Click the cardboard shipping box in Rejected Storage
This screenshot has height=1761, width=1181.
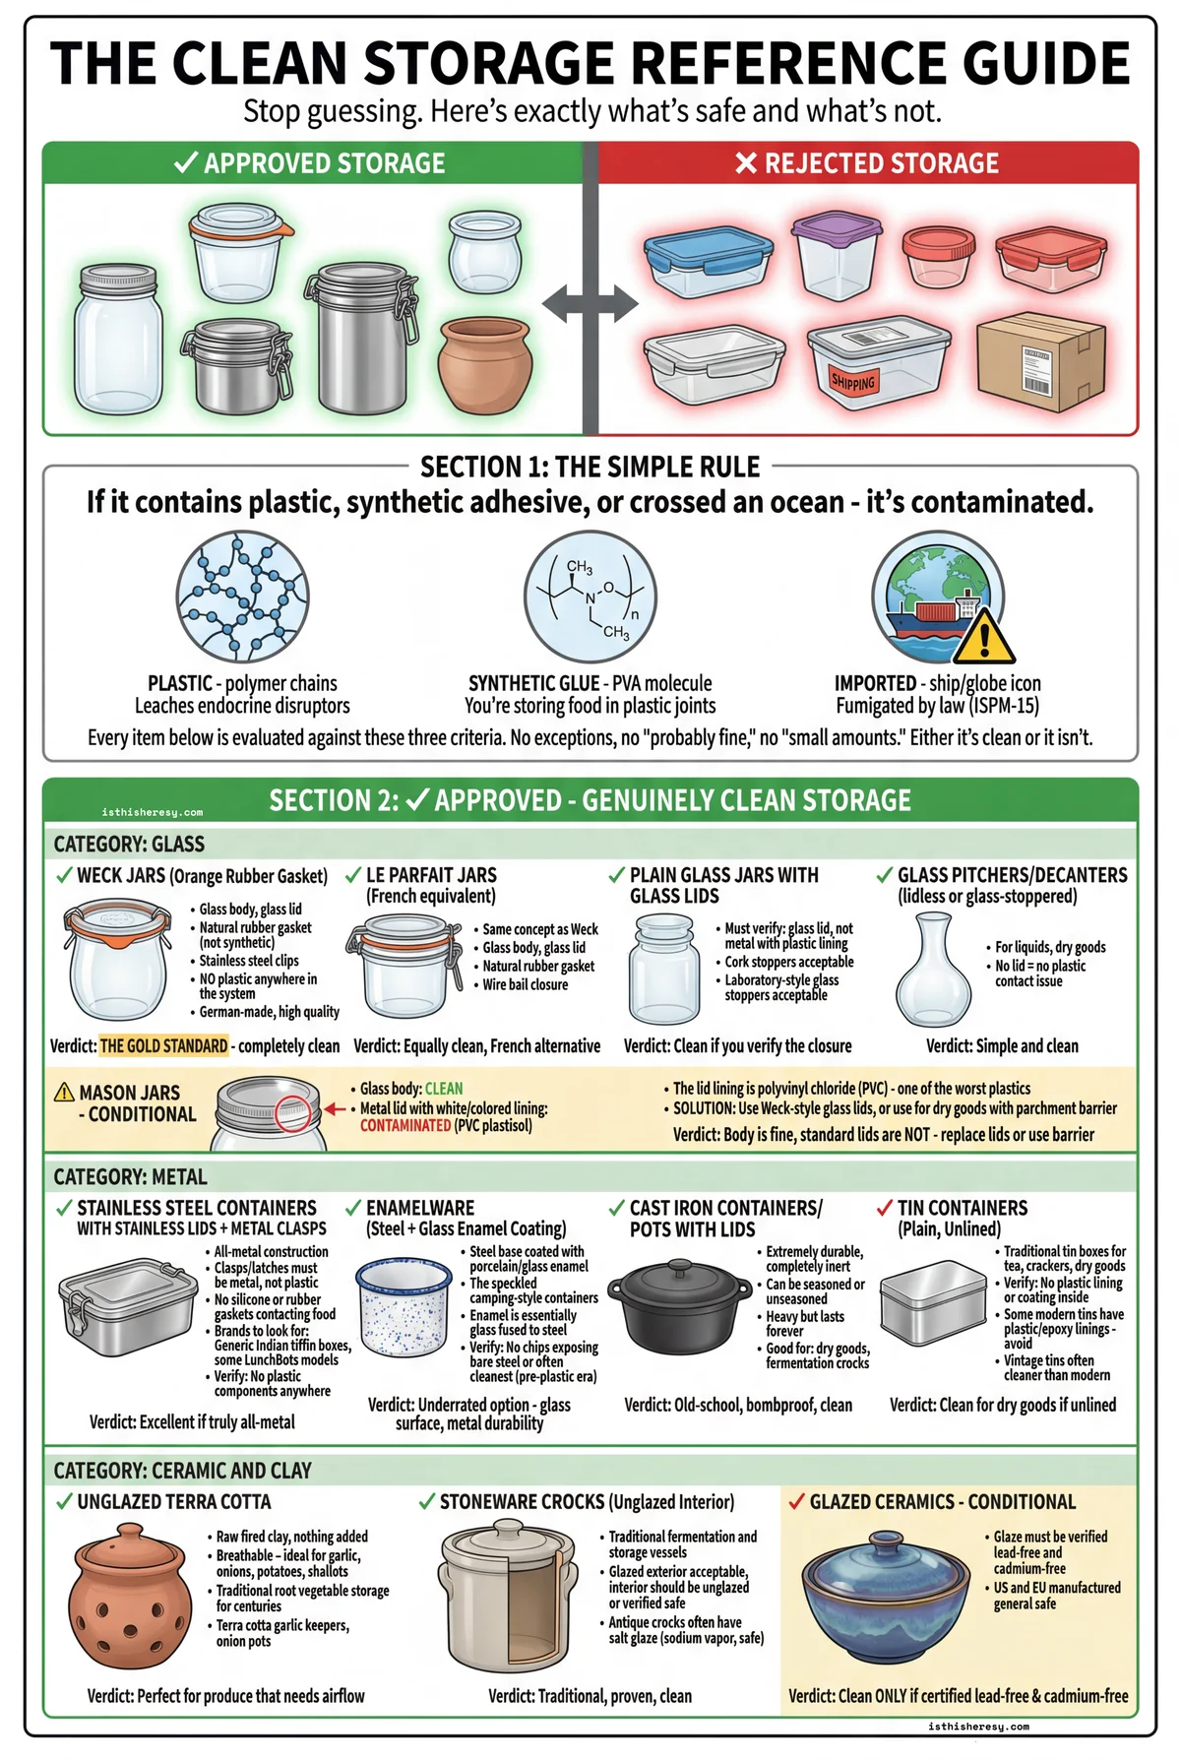[1040, 361]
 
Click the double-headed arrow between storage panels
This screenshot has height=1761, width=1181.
[590, 304]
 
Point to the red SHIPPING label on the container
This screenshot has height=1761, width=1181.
[852, 381]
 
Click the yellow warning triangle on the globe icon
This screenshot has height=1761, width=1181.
[983, 637]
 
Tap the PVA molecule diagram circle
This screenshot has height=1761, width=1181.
[590, 597]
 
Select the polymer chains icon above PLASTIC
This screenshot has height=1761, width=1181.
[242, 597]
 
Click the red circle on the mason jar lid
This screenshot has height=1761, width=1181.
[292, 1113]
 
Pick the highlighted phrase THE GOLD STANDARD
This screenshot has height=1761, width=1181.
[163, 1045]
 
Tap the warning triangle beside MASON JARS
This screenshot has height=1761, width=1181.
[65, 1092]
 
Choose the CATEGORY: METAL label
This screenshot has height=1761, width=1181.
[130, 1177]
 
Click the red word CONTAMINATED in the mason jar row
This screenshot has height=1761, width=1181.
[404, 1125]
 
